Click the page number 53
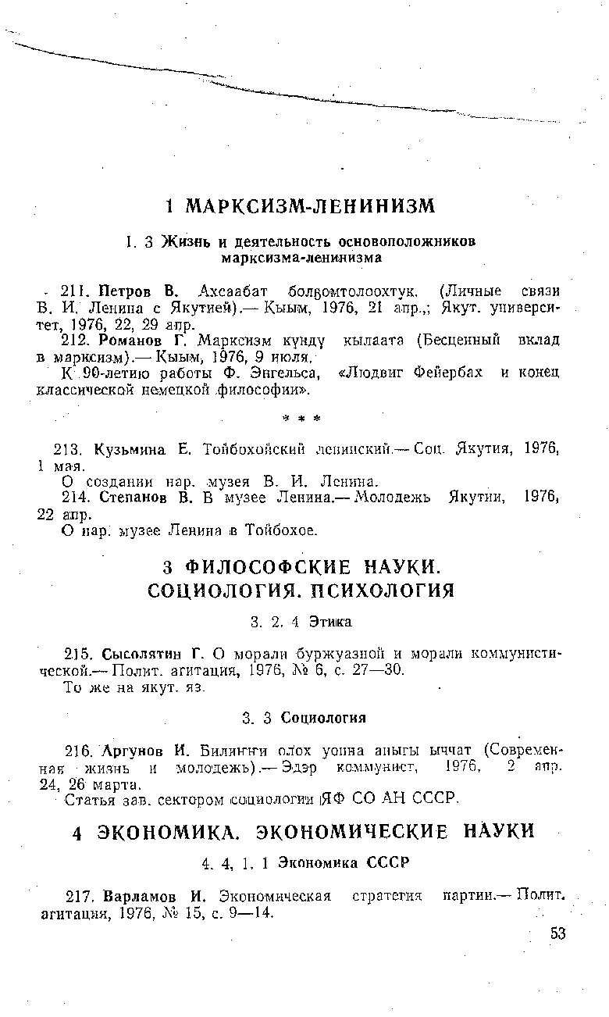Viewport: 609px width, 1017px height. (557, 934)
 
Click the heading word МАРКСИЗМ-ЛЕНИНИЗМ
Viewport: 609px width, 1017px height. (310, 207)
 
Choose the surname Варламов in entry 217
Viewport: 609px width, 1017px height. (135, 897)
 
